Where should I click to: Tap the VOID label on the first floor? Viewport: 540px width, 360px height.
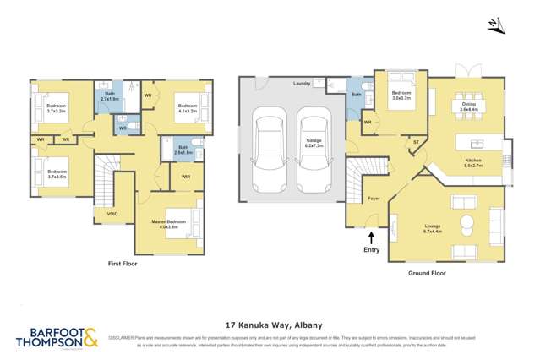[x=112, y=214]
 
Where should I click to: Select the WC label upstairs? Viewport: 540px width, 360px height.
[x=123, y=128]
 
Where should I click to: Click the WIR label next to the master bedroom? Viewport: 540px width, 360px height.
[x=186, y=177]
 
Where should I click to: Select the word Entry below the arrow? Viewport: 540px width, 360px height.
[x=371, y=251]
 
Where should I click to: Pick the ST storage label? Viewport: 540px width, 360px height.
[x=416, y=143]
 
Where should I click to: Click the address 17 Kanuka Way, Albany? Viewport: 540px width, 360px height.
[x=270, y=323]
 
